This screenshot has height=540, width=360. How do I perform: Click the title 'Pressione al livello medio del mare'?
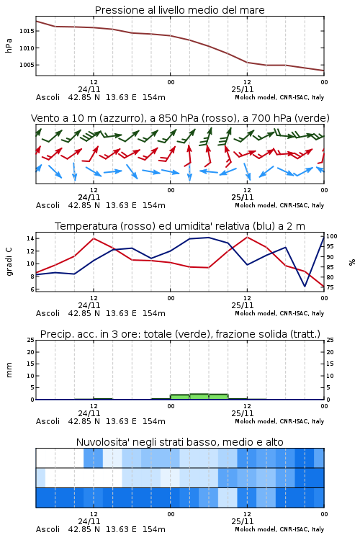[179, 10]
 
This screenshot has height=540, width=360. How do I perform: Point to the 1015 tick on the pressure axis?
[27, 31]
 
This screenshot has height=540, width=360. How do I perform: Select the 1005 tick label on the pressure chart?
[27, 65]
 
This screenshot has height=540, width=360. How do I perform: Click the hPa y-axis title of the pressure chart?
[9, 45]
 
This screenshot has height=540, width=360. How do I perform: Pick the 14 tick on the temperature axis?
[30, 238]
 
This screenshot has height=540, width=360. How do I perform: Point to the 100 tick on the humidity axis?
[332, 236]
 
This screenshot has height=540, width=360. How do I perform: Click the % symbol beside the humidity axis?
[352, 262]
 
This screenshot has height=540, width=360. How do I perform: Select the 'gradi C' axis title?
[9, 261]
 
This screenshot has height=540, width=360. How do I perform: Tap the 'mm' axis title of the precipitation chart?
[9, 370]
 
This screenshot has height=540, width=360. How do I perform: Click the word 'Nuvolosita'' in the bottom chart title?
[101, 442]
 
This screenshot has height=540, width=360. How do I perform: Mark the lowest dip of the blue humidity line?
[305, 286]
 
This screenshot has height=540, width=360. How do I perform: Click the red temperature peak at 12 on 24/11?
[94, 238]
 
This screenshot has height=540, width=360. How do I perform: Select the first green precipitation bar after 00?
[180, 397]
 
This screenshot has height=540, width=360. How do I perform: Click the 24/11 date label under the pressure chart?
[89, 89]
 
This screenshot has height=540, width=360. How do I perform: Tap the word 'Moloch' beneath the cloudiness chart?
[245, 529]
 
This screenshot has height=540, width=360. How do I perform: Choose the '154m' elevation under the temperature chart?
[154, 313]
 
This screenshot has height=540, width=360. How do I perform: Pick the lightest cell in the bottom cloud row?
[228, 498]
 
